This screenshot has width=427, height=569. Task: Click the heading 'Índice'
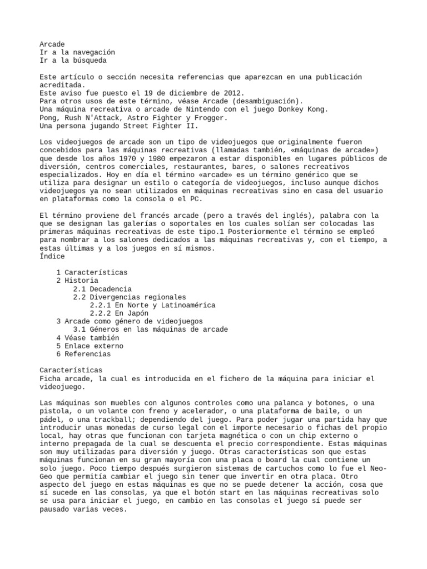52,256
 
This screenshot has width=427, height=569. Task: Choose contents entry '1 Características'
92,273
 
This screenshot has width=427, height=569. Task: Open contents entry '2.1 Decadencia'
102,289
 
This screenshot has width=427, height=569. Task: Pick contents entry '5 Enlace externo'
90,346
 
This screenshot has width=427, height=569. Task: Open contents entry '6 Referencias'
83,354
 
